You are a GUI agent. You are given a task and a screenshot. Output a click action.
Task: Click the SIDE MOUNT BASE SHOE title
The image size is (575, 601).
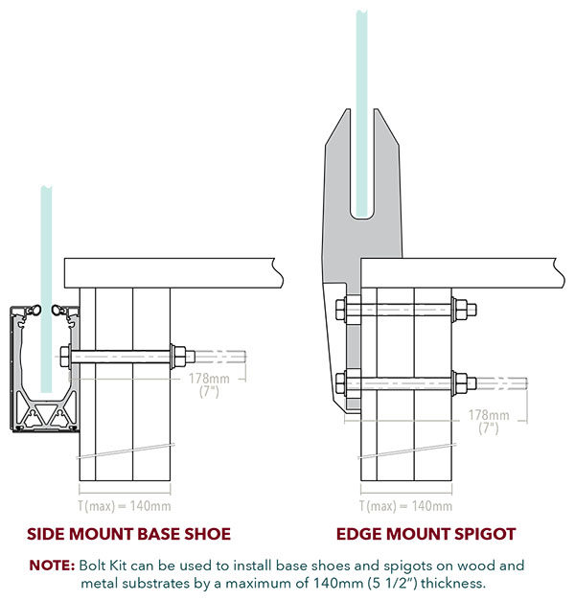click(128, 534)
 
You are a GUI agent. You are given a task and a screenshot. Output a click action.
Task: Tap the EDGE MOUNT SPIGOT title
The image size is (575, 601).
click(425, 534)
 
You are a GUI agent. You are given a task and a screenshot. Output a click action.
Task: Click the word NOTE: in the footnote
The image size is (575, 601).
click(52, 566)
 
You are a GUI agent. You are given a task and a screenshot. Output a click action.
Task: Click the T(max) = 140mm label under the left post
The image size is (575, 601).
click(125, 506)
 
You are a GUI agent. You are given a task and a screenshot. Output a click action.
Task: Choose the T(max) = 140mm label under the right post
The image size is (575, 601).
click(406, 506)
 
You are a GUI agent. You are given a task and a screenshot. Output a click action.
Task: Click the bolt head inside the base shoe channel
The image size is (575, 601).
click(65, 357)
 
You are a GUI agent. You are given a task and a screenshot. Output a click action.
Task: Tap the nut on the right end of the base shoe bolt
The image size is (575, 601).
click(178, 357)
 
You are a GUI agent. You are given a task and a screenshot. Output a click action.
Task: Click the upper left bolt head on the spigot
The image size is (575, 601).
click(340, 310)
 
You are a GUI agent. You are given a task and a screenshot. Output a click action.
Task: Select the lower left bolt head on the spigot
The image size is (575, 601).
click(340, 383)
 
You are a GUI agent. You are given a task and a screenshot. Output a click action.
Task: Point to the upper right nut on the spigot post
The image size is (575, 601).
click(460, 310)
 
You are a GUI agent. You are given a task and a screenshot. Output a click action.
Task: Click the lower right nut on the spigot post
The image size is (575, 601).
click(460, 383)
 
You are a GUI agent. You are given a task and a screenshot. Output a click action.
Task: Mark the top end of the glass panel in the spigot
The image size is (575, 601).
click(362, 12)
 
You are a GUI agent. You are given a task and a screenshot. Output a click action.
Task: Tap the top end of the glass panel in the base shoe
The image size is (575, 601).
click(46, 188)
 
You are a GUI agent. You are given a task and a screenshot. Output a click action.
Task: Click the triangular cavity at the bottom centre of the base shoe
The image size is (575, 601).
click(45, 413)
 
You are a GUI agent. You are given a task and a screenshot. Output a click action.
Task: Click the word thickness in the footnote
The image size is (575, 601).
click(453, 583)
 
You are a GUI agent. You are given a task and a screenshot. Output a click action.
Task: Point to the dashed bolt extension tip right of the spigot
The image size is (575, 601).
click(526, 383)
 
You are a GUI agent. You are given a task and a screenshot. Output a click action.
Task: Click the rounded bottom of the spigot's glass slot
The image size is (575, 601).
click(362, 218)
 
